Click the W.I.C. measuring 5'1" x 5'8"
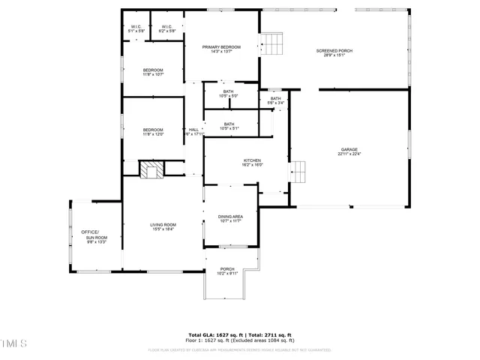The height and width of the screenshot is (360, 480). point(136,31)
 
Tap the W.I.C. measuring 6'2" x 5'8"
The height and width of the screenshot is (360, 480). point(167,31)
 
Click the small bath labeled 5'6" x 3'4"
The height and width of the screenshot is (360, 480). point(276,101)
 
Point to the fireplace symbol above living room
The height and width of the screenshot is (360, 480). point(154,170)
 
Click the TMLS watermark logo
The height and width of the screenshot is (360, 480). point(13,344)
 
